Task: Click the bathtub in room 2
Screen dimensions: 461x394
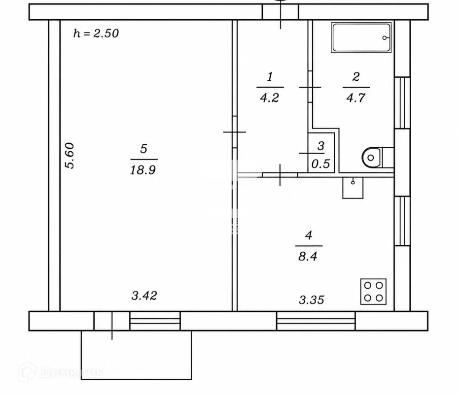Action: tap(361, 37)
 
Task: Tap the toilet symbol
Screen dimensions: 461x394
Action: tap(378, 158)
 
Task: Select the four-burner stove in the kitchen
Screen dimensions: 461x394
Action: tap(373, 291)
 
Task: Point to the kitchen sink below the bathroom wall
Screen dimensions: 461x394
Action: tap(353, 188)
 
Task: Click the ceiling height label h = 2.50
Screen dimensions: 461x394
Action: tap(96, 33)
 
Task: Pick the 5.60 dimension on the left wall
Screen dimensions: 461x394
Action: tap(70, 155)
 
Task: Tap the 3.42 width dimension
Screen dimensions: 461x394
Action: tap(144, 295)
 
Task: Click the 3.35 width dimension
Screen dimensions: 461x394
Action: tap(311, 300)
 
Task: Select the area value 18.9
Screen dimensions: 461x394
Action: tap(143, 170)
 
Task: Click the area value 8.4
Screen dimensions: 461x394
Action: tap(308, 256)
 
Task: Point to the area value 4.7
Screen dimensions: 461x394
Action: tap(356, 98)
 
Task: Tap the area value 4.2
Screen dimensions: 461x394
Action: tap(269, 98)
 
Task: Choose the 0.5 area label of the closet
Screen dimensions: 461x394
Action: tap(320, 164)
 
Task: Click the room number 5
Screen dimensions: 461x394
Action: tap(143, 149)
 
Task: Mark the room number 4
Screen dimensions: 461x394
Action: tap(309, 235)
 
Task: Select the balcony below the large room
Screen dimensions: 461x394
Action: tap(137, 355)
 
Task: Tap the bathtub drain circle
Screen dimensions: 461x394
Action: tap(385, 37)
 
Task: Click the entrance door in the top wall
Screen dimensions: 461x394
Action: tap(281, 12)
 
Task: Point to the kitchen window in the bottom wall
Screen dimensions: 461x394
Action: tap(316, 321)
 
